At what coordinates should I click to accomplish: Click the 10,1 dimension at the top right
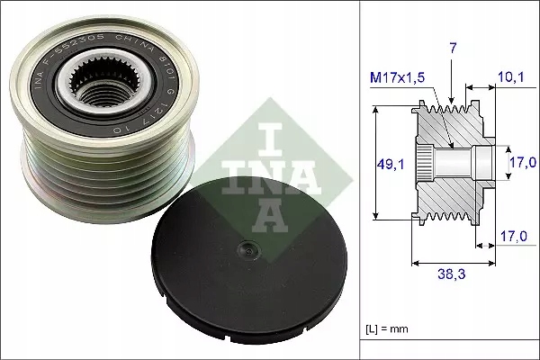[509, 79]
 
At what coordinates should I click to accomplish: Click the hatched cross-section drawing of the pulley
[450, 162]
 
